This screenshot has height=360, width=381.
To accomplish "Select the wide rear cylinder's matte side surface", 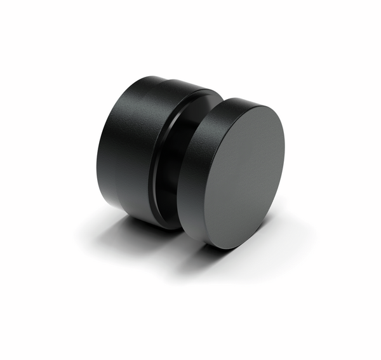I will tap(121, 152).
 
